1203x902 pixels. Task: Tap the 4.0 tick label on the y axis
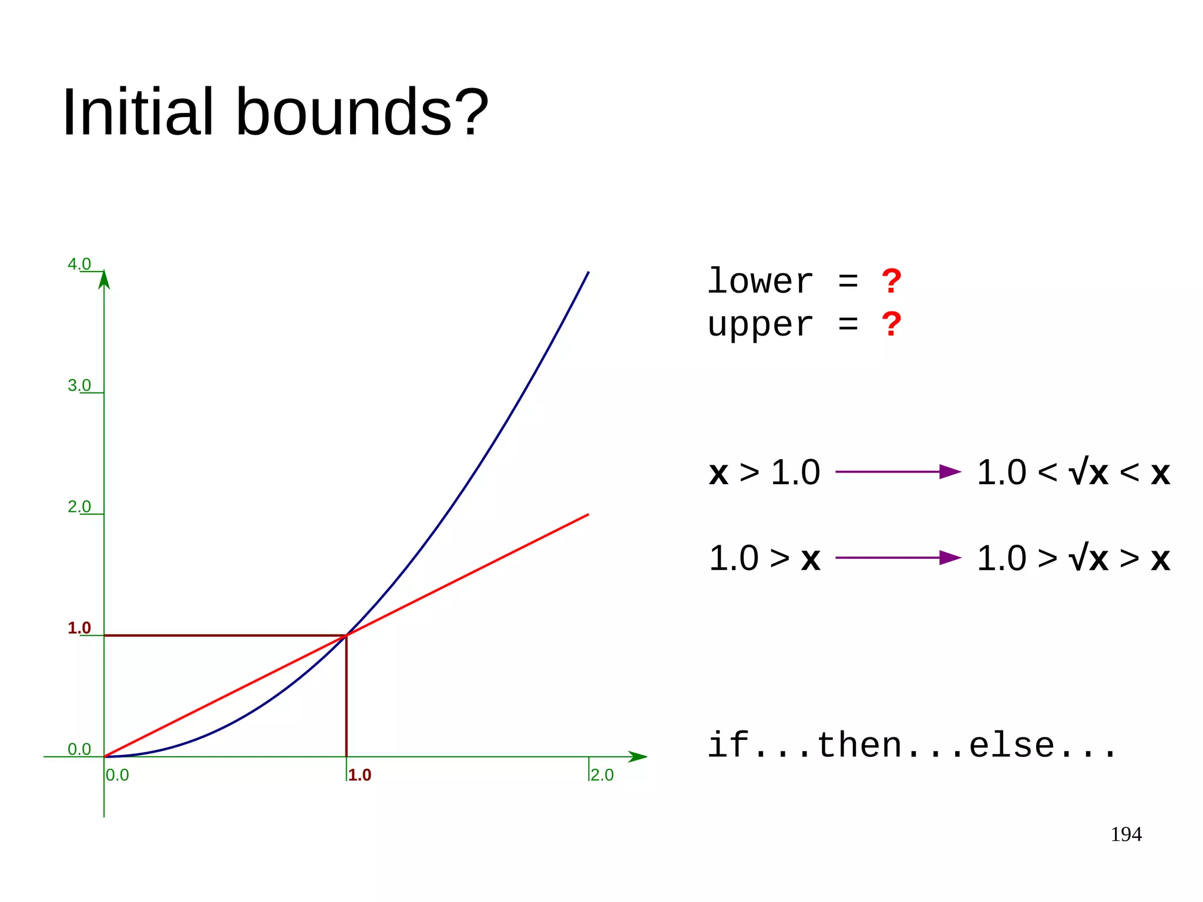(x=79, y=264)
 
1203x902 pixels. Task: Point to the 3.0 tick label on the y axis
(x=79, y=385)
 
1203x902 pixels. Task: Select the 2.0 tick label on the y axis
(x=79, y=507)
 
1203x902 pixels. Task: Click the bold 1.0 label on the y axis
(x=79, y=628)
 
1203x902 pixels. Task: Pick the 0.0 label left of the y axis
(x=79, y=749)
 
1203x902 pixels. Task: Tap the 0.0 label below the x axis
(x=117, y=775)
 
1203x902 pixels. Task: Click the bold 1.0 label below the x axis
(x=359, y=775)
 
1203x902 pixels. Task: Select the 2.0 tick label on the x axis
(x=602, y=775)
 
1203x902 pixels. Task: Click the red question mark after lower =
(x=891, y=281)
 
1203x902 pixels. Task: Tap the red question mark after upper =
(x=891, y=324)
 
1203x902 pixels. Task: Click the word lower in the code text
(x=760, y=281)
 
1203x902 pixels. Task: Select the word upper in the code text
(x=760, y=325)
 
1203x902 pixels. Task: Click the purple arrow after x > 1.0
(x=898, y=471)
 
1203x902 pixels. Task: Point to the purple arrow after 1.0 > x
(x=898, y=558)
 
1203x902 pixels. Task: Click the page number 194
(x=1125, y=834)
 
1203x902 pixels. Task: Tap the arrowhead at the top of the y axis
(x=104, y=279)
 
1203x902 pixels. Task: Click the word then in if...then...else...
(x=859, y=746)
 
